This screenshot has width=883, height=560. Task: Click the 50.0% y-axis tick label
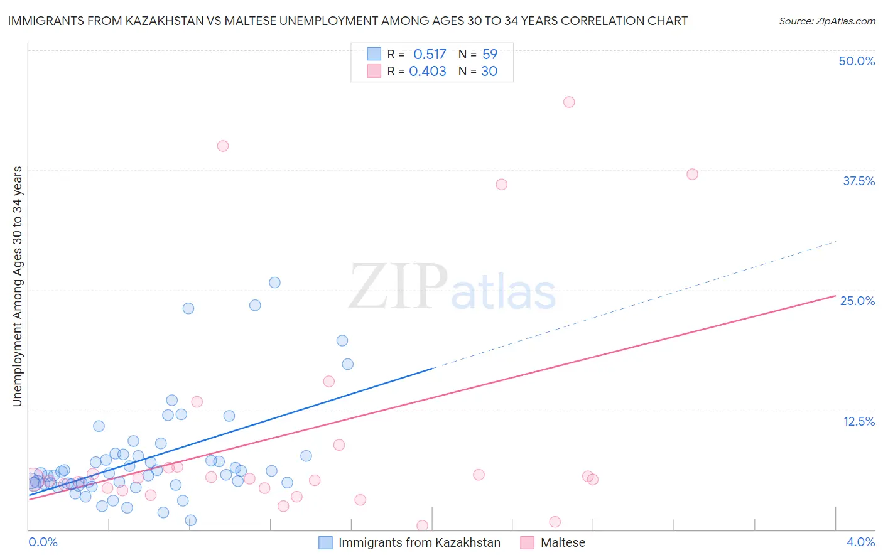(857, 61)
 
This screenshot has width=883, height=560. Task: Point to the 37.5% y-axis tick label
(859, 181)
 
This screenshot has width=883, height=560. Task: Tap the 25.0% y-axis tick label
(857, 301)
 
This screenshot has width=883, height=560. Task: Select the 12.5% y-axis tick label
(859, 421)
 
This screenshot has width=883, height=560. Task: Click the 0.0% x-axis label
(43, 542)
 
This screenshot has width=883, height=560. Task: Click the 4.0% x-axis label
(860, 542)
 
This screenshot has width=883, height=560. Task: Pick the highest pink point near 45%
(569, 102)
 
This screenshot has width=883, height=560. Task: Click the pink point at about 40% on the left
(222, 146)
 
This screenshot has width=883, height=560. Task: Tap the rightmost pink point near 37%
(692, 174)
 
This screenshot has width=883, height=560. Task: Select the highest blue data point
(274, 283)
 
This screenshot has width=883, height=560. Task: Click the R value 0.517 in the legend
(430, 54)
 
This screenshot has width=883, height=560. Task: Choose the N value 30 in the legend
(489, 71)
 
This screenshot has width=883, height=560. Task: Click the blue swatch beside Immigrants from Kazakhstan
(325, 542)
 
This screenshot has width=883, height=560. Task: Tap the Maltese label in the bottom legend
(563, 542)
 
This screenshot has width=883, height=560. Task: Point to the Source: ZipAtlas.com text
(826, 21)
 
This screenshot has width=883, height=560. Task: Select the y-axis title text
(17, 286)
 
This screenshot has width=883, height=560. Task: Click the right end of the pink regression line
(835, 295)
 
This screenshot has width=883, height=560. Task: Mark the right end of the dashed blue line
(835, 242)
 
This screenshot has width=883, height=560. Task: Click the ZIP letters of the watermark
(398, 288)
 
